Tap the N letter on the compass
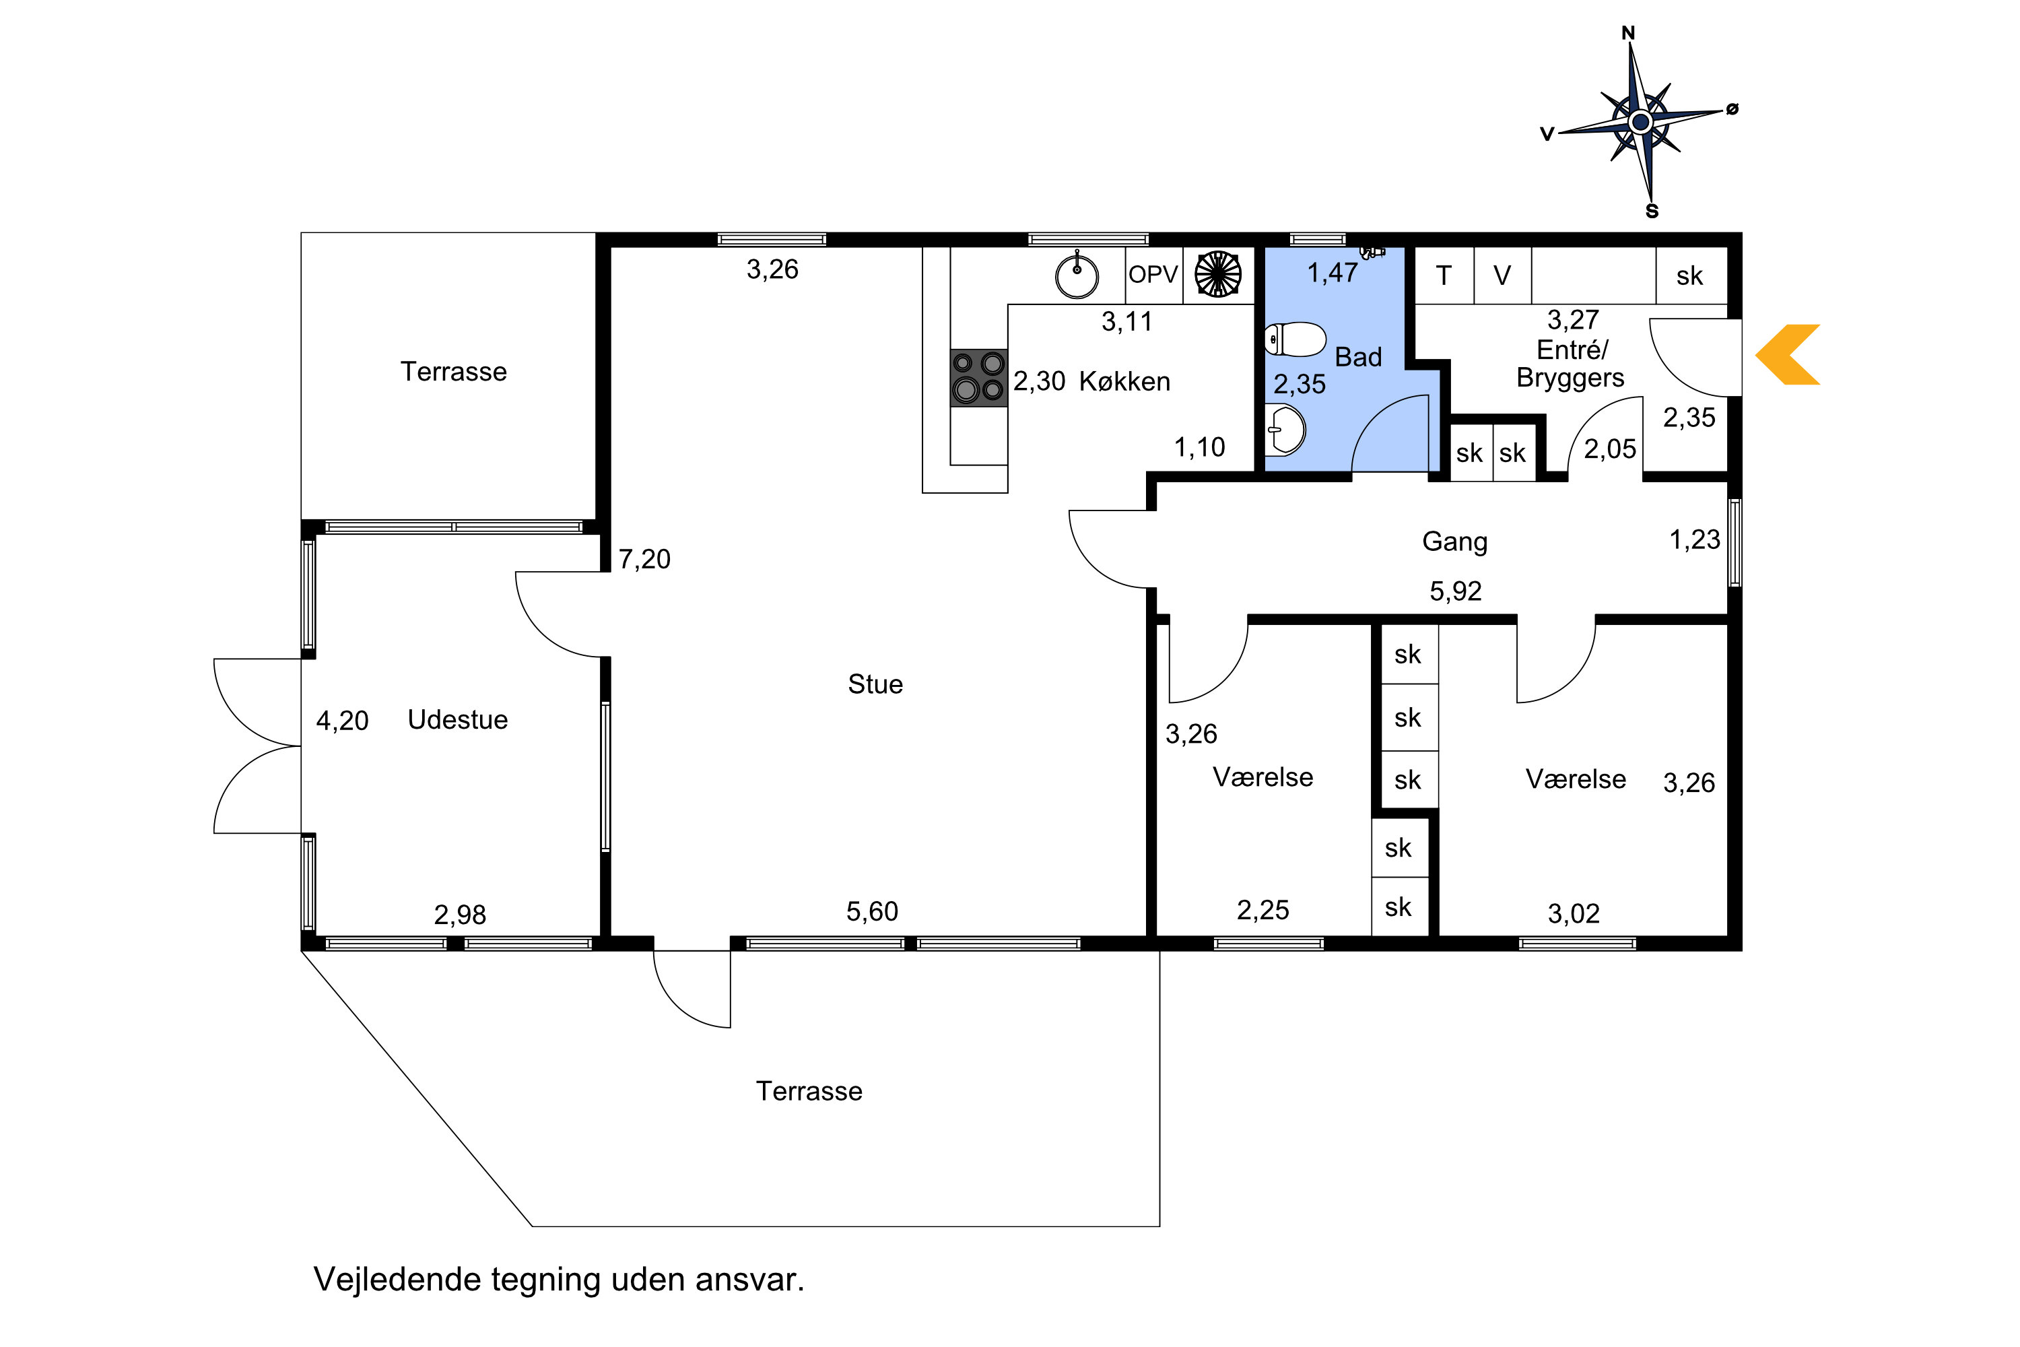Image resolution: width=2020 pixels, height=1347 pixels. pyautogui.click(x=1627, y=34)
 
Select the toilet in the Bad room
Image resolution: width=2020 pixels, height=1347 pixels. pyautogui.click(x=1295, y=339)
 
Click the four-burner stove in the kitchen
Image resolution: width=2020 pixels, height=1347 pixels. pyautogui.click(x=978, y=377)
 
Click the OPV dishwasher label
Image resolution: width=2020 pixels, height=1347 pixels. pyautogui.click(x=1153, y=275)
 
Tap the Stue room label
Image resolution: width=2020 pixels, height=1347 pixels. pyautogui.click(x=875, y=684)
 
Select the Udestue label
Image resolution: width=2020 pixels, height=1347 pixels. pyautogui.click(x=458, y=719)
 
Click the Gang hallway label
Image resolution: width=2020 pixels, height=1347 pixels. pyautogui.click(x=1455, y=542)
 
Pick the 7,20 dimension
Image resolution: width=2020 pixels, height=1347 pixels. pyautogui.click(x=644, y=559)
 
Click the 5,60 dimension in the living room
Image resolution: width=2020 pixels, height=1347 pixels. pyautogui.click(x=872, y=911)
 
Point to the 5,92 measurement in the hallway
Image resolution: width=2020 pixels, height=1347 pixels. pyautogui.click(x=1456, y=591)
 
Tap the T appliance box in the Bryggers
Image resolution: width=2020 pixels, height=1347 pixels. pyautogui.click(x=1444, y=275)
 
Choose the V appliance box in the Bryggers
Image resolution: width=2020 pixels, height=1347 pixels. pyautogui.click(x=1503, y=275)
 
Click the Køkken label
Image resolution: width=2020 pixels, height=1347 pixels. pyautogui.click(x=1124, y=381)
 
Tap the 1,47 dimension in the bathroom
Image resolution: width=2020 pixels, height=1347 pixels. pyautogui.click(x=1332, y=273)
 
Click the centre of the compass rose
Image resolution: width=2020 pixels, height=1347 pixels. pyautogui.click(x=1640, y=122)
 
